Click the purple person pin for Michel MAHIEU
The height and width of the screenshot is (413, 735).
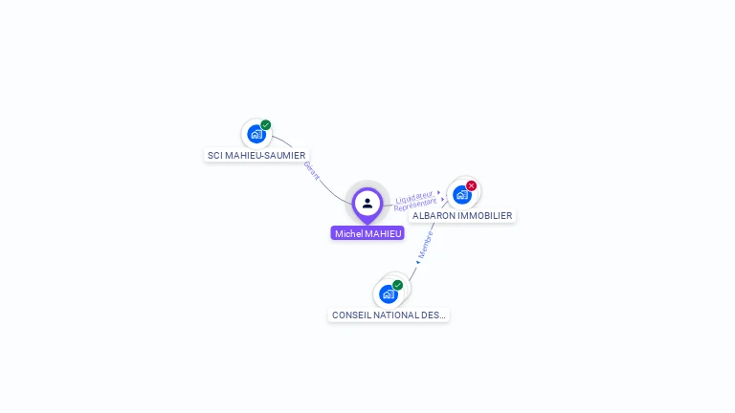(367, 204)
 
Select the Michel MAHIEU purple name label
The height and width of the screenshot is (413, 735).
(368, 233)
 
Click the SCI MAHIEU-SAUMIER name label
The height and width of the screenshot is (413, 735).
(256, 155)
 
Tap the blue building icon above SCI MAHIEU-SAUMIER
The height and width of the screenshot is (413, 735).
(256, 134)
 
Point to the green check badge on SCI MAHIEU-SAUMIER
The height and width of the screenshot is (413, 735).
(266, 124)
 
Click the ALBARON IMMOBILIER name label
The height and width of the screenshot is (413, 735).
(462, 216)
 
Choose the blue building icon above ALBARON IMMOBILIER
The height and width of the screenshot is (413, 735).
(461, 195)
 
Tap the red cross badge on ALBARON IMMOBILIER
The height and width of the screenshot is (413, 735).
(472, 185)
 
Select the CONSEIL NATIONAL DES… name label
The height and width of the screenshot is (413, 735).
(389, 315)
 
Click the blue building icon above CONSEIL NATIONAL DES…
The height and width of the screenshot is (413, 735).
(388, 294)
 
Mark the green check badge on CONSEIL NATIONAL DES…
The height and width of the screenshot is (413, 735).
(398, 285)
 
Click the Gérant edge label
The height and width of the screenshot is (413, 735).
(311, 170)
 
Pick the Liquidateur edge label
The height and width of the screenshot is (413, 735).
(414, 197)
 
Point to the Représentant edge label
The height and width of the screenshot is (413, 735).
(415, 205)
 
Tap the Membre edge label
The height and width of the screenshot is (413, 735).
(426, 244)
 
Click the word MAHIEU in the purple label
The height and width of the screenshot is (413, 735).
(384, 233)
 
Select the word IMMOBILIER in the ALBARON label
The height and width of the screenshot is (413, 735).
(485, 216)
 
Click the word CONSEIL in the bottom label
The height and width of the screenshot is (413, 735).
(349, 315)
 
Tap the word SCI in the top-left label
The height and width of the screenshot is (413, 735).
(214, 155)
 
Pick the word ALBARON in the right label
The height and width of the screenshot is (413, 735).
(434, 216)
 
